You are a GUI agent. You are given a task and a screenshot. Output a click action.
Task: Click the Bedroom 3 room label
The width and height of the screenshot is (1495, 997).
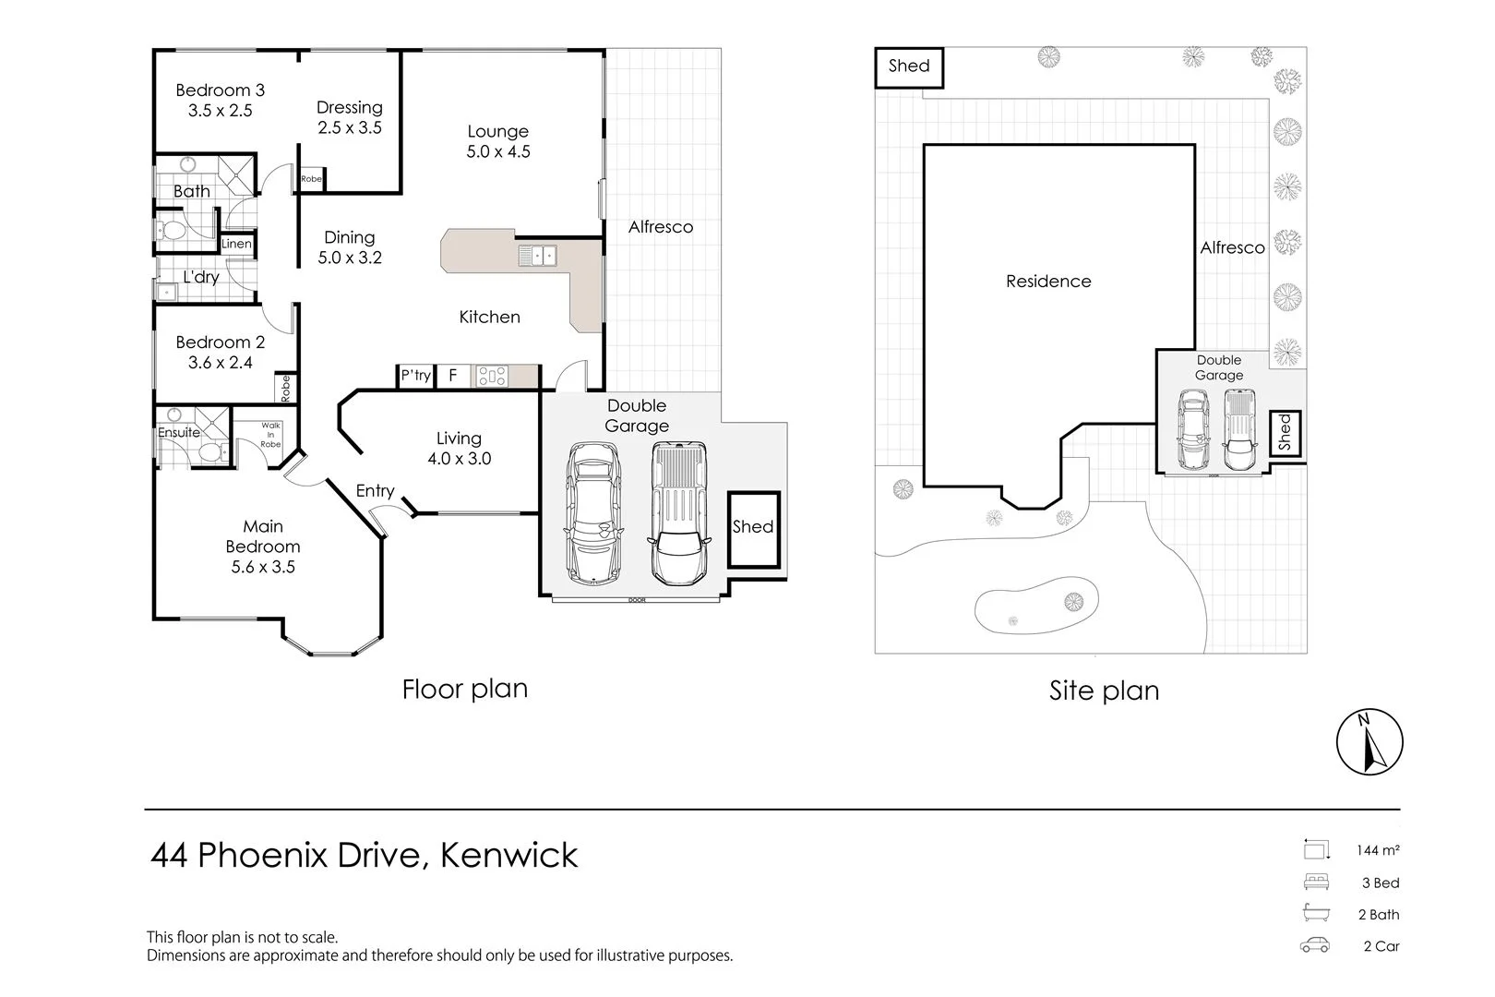pos(220,90)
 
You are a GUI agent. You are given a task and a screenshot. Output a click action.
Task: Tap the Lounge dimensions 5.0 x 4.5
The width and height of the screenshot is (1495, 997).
pos(498,152)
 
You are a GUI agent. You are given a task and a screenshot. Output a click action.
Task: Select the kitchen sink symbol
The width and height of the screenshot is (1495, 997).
pos(536,255)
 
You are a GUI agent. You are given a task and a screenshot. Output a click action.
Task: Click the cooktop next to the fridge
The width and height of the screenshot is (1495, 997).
pos(491,376)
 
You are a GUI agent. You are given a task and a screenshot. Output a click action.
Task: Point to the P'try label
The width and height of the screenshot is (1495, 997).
pos(415,376)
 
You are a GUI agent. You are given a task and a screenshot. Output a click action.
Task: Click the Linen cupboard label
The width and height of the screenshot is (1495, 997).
pos(236,245)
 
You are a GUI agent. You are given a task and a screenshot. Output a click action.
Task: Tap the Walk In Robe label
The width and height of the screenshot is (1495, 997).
pos(270,435)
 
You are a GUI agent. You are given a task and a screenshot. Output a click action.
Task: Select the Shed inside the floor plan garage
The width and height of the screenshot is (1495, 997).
pos(753,528)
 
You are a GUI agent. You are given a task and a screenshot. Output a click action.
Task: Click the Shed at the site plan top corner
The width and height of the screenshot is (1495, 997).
pos(908,66)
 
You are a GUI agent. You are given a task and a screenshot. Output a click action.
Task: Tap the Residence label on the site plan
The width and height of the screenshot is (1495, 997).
pos(1048,282)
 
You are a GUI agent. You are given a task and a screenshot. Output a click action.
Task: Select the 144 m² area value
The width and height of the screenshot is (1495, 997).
pos(1377,850)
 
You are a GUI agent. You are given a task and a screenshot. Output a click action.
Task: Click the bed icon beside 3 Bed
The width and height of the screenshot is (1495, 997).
pos(1316,882)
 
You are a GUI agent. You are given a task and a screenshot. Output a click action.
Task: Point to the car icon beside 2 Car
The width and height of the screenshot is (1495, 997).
pos(1315,945)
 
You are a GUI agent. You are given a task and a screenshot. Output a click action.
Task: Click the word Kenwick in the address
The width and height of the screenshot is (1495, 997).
pos(509,856)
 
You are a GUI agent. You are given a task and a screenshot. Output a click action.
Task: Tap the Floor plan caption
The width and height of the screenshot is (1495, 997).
pos(464,690)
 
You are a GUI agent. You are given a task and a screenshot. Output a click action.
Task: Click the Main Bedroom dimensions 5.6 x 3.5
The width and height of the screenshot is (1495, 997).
pos(263,567)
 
